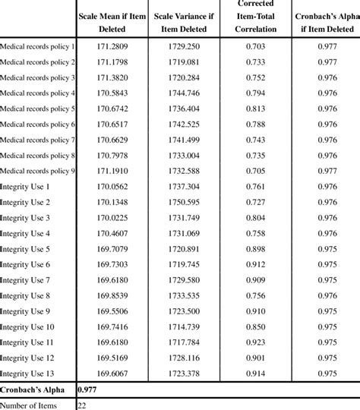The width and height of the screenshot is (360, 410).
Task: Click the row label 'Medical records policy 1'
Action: click(x=38, y=46)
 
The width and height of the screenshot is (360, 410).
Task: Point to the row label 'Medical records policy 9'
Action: click(x=38, y=171)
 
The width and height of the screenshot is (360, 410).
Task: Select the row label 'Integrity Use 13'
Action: click(x=28, y=373)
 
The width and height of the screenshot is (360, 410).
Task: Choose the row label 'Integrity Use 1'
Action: click(x=26, y=187)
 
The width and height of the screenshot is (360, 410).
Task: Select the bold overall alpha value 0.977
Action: click(x=87, y=389)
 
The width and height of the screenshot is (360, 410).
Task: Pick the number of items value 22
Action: click(x=83, y=404)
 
